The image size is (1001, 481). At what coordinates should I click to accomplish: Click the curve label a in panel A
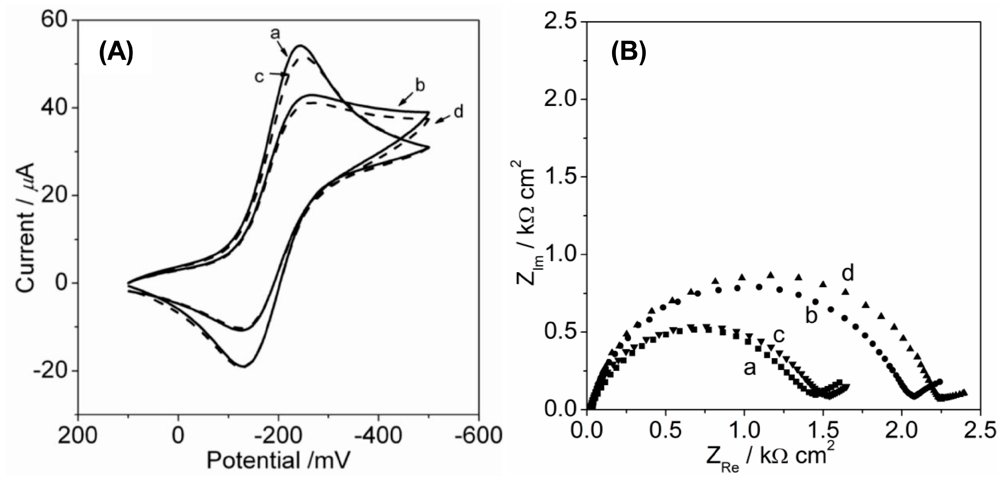point(275,34)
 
